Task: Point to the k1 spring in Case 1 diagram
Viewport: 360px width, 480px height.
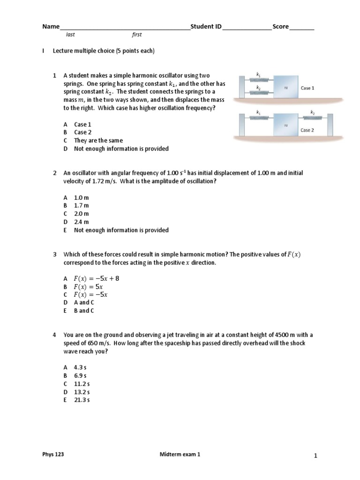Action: click(258, 80)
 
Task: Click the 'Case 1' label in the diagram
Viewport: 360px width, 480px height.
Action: click(307, 88)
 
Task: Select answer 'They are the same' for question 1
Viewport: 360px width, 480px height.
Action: click(98, 141)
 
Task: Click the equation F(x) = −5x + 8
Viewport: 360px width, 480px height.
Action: click(97, 278)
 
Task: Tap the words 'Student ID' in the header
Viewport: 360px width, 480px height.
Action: click(205, 27)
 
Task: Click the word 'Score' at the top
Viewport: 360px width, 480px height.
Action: click(280, 27)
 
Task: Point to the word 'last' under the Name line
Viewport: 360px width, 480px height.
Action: click(70, 35)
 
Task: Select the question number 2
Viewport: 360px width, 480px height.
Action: click(55, 173)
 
